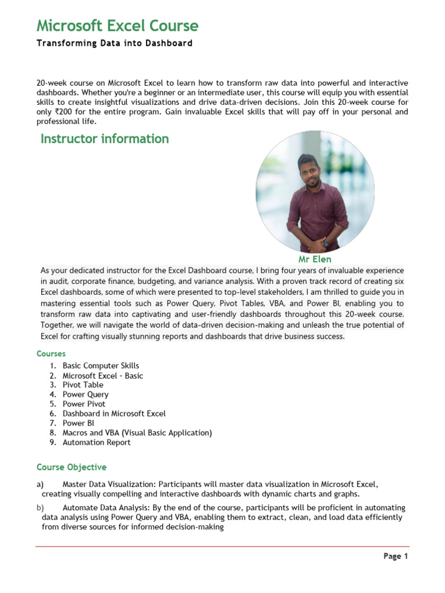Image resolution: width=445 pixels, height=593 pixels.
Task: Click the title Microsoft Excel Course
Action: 117,26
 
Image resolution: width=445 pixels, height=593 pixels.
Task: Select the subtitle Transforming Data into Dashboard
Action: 114,43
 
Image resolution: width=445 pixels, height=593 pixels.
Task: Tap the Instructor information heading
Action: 104,139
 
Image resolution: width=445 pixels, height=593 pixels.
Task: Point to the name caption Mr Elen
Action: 315,259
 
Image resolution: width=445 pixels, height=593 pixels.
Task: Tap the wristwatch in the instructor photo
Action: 325,243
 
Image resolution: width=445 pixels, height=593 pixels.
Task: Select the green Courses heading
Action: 51,353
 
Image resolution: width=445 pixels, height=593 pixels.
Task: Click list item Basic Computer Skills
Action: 101,366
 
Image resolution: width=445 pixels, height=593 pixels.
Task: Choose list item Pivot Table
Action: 83,385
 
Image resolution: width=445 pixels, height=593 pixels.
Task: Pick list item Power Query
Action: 85,394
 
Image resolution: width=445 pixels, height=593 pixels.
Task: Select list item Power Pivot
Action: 84,404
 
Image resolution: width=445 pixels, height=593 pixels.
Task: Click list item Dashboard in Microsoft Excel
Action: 114,413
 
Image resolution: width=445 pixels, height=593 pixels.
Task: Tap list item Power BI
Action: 78,423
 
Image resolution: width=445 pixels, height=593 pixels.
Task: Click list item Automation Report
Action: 97,442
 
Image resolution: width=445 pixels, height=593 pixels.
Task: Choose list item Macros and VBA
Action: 137,433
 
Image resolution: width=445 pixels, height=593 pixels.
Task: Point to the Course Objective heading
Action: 71,467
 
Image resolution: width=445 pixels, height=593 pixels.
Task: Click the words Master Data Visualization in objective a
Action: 109,484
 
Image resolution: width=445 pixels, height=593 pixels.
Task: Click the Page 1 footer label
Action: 396,557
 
